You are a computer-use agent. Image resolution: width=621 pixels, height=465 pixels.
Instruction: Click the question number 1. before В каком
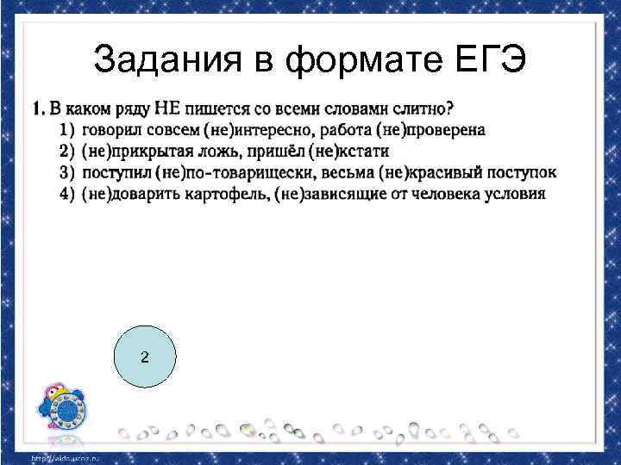pos(39,109)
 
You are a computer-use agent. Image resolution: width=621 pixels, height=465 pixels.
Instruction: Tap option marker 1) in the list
pos(68,130)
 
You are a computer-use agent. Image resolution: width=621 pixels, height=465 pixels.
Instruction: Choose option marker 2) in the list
pos(68,152)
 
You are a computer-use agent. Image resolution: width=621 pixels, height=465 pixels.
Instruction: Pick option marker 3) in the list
pos(68,172)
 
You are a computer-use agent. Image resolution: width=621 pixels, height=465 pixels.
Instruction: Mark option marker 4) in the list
pos(68,193)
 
